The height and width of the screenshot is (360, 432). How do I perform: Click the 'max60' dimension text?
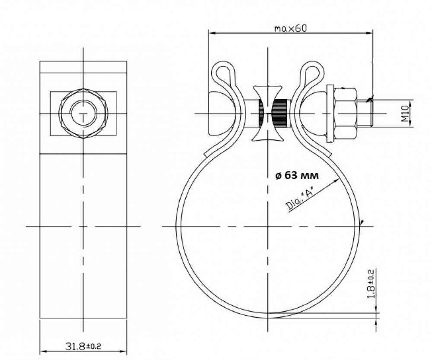(290, 28)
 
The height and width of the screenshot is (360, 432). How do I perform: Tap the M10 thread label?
(404, 114)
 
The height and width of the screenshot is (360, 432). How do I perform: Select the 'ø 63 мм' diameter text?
(297, 175)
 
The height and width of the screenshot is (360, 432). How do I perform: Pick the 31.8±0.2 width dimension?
(83, 346)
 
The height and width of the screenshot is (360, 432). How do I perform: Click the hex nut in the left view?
(83, 114)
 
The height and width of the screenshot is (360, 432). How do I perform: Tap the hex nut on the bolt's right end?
(346, 114)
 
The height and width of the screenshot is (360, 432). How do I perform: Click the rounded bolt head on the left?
(216, 114)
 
